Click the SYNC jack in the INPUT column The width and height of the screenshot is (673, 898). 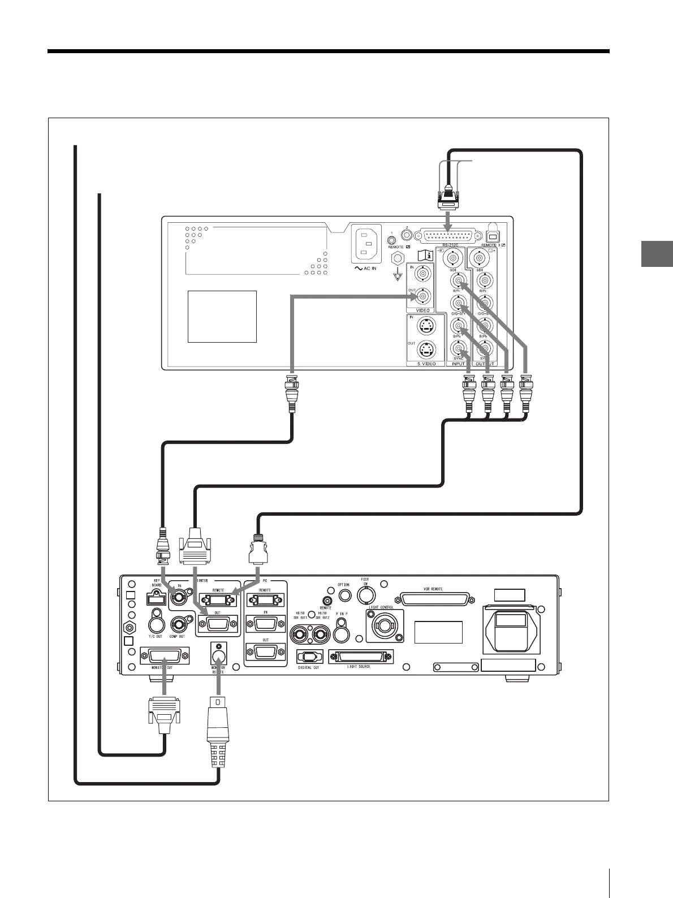click(458, 348)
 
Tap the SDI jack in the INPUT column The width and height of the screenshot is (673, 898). click(454, 259)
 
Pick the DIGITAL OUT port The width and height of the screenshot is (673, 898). click(310, 658)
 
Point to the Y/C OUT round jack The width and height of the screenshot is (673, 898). click(156, 624)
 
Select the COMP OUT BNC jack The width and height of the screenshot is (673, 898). click(179, 624)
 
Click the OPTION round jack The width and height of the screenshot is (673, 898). click(343, 596)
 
